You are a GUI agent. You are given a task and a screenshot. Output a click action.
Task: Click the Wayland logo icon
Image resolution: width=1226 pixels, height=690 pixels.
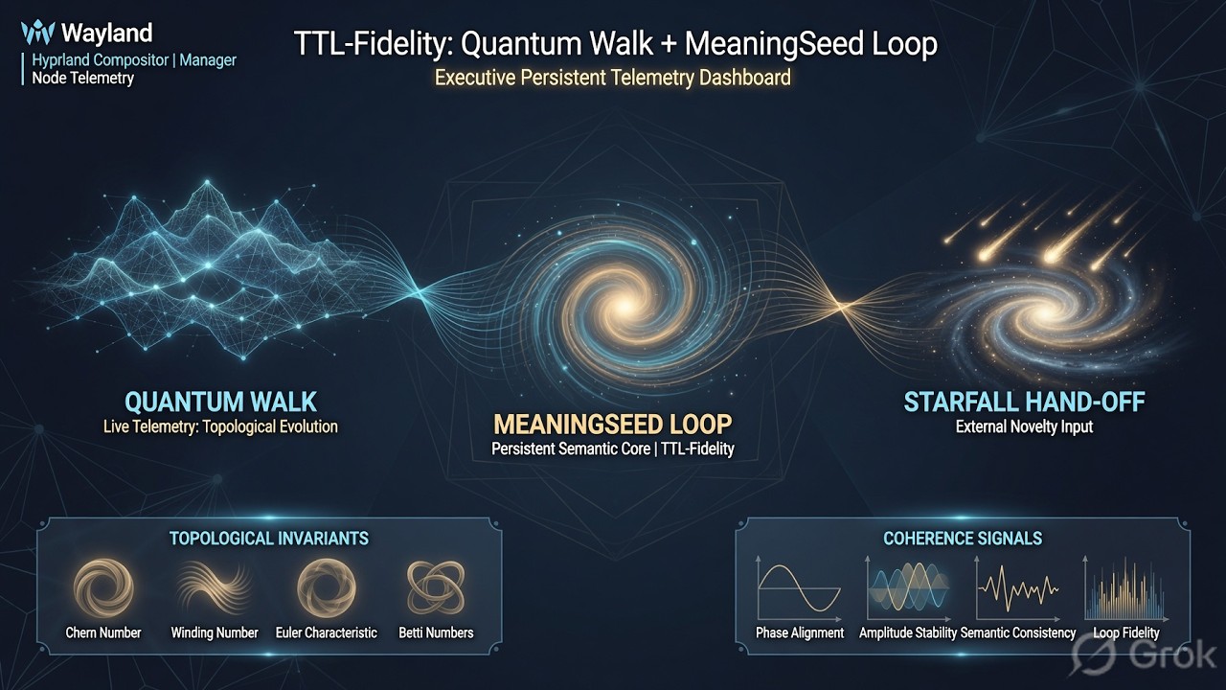(x=37, y=33)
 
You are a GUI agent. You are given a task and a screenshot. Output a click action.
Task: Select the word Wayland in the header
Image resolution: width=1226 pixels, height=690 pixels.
(x=106, y=33)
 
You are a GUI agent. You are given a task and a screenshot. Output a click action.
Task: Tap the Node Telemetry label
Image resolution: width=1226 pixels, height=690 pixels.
(x=82, y=79)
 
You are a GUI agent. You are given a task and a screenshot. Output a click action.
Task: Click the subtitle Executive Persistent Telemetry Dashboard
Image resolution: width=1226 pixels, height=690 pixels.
(x=612, y=78)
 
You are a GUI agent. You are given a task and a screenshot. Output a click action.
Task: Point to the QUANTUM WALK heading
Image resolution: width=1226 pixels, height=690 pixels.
(x=220, y=402)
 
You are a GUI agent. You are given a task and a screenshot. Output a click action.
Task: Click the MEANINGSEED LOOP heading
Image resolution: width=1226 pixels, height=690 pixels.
(x=612, y=425)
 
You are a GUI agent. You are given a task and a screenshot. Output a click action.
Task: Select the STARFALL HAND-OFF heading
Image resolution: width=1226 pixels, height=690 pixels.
(x=1024, y=402)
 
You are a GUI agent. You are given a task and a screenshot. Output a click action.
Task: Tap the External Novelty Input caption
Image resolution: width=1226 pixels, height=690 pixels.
(x=1024, y=427)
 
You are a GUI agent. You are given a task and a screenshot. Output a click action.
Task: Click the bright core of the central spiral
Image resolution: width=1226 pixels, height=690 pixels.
(x=623, y=307)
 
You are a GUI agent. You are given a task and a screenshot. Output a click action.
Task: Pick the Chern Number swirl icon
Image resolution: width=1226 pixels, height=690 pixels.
(x=103, y=588)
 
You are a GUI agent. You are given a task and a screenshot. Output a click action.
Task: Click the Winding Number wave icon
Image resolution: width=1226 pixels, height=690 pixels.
(x=214, y=588)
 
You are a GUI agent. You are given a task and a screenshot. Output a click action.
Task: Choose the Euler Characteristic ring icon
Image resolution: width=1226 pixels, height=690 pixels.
(x=327, y=588)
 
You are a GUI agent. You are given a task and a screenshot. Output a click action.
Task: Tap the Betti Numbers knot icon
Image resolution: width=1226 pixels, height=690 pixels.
(x=436, y=588)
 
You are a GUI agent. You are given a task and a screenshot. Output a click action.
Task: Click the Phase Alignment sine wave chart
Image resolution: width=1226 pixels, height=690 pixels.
(x=799, y=588)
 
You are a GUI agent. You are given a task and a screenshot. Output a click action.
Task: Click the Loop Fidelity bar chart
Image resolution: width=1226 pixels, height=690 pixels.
(x=1125, y=588)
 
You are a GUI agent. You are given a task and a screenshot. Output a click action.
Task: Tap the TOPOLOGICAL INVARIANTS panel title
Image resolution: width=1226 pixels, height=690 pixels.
(x=269, y=539)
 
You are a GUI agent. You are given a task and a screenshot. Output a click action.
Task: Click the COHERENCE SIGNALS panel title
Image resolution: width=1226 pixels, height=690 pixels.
(x=963, y=539)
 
